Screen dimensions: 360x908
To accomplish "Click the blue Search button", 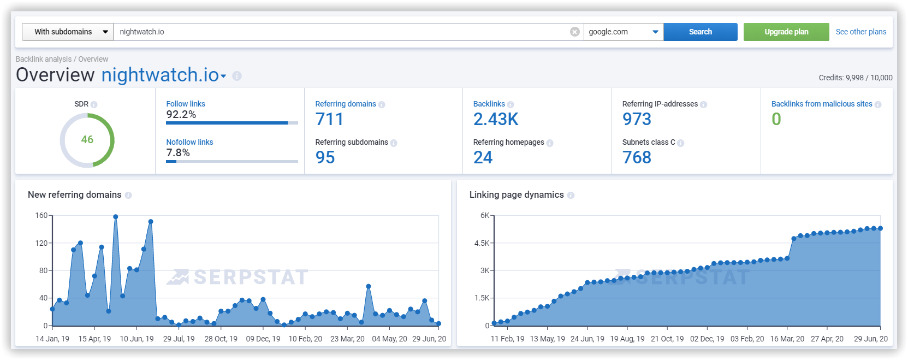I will coord(700,32).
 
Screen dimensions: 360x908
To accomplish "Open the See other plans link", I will coord(860,32).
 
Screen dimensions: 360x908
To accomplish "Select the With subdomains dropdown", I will coord(67,32).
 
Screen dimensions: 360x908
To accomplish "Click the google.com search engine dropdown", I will coord(623,32).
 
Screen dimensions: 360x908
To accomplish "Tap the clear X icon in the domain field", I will coord(574,32).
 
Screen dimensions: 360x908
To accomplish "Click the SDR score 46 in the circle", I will coord(87,140).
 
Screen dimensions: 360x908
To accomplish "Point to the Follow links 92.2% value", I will coord(181,115).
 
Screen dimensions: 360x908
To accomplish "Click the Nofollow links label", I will coord(189,142).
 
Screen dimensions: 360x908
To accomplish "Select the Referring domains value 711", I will coord(329,119).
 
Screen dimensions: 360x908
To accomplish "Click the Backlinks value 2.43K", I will coord(496,119).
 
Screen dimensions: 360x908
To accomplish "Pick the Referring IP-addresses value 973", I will coord(637,119).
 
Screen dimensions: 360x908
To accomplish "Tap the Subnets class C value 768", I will coord(637,157).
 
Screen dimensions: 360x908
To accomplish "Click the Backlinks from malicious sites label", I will coord(821,104).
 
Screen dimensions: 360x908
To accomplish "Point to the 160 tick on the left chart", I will coord(41,215).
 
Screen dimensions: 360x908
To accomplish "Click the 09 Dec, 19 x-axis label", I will coord(263,339).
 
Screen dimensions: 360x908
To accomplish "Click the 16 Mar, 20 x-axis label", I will coord(787,339).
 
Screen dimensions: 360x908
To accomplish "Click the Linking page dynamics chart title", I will coord(516,194).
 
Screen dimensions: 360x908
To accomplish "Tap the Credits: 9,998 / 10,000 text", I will coord(855,78).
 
